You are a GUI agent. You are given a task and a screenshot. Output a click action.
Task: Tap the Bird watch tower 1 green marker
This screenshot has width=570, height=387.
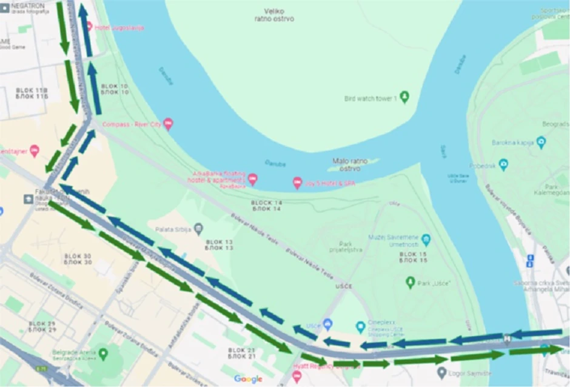404,97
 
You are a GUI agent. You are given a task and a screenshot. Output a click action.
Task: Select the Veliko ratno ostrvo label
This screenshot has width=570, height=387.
274,15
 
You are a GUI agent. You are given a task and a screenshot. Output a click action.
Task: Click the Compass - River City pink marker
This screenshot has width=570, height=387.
169,125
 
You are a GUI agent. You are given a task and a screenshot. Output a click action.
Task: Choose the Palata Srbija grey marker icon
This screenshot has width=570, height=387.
198,229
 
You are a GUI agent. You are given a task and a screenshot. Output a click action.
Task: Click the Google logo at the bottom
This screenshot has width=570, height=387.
248,379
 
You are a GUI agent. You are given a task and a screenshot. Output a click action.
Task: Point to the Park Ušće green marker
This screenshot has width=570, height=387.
411,282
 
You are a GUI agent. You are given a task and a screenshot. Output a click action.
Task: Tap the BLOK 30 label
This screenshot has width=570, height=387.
78,259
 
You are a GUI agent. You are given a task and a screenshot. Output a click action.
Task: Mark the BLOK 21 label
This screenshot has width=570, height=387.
242,354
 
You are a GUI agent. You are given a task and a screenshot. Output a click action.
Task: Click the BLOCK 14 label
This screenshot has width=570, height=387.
267,205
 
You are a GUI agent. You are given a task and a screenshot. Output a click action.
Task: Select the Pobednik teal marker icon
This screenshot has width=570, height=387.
503,165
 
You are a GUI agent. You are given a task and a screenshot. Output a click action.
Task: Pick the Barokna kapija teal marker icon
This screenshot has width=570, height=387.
541,143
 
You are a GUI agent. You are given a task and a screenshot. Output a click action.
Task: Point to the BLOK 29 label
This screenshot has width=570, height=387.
42,326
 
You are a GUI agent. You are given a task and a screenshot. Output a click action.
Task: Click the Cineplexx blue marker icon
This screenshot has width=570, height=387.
360,325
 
